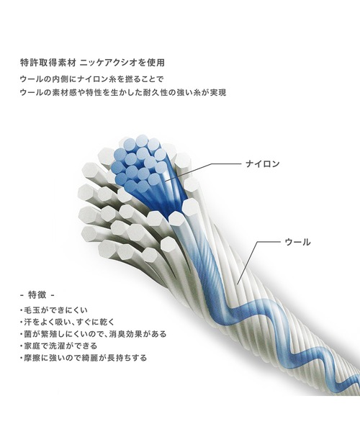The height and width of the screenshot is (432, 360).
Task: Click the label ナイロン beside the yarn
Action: coord(263,164)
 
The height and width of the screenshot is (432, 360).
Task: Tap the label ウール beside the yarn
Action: coord(297,242)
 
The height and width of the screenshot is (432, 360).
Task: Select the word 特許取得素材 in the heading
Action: coord(48,63)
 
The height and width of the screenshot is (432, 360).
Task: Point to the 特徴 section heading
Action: coord(37,295)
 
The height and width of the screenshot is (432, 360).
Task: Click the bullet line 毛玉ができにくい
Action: coord(54,310)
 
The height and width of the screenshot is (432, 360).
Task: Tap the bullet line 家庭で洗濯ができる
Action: coord(58,346)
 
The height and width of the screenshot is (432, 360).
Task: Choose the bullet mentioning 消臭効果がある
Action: coord(94,334)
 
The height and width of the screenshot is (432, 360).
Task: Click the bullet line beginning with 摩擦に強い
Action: coord(84,358)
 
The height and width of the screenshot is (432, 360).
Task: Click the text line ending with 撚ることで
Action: coord(92,79)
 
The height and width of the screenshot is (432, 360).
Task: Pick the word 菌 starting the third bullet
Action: coord(27,334)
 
